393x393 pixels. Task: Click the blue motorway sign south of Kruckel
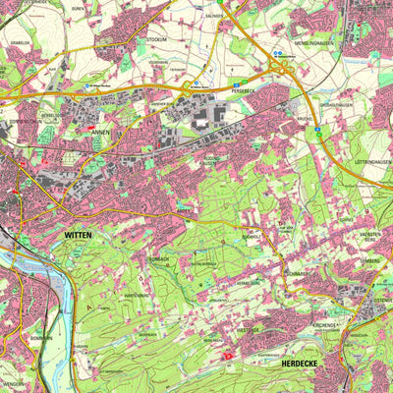[320, 127]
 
